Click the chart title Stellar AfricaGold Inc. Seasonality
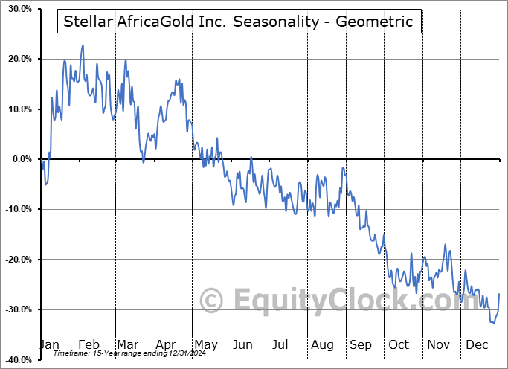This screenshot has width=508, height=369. click(x=239, y=22)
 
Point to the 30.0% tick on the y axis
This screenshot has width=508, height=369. click(x=16, y=9)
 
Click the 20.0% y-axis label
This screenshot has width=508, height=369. click(x=16, y=59)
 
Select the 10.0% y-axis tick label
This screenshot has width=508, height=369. click(x=16, y=109)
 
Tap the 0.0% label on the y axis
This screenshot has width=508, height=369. click(x=19, y=159)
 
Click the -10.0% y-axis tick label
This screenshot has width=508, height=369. click(x=15, y=209)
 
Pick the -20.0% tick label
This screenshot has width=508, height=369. click(x=15, y=260)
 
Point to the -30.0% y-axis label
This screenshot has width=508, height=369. click(x=15, y=309)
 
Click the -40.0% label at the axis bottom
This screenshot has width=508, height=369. click(x=15, y=360)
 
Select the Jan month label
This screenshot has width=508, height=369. click(x=49, y=345)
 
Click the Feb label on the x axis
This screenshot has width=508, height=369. click(x=88, y=345)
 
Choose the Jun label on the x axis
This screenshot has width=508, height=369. click(x=241, y=345)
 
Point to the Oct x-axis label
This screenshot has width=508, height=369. click(x=399, y=345)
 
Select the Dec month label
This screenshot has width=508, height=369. click(x=476, y=345)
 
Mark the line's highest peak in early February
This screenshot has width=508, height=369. click(x=83, y=45)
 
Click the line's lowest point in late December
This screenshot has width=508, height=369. click(x=494, y=324)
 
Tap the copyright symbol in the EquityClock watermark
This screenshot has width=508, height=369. click(x=212, y=301)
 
